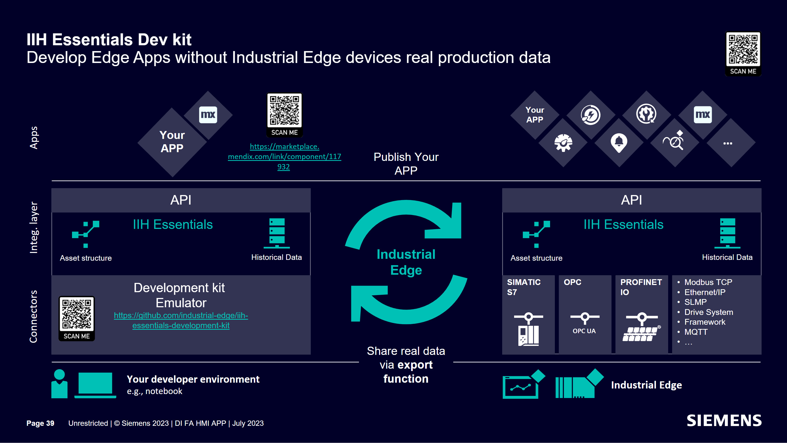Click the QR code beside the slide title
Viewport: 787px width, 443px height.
click(x=743, y=49)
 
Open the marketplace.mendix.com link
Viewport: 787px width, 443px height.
click(x=284, y=156)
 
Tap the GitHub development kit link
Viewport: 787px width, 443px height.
click(x=181, y=320)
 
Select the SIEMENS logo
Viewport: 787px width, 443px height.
click(x=724, y=421)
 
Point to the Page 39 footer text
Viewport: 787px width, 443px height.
click(x=40, y=423)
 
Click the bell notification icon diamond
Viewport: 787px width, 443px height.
click(x=619, y=142)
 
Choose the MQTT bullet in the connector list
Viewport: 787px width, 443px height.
click(x=696, y=332)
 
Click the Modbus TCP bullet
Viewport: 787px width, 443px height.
click(x=708, y=282)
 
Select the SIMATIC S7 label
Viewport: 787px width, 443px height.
click(x=524, y=287)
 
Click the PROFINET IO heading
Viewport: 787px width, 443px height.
click(x=641, y=287)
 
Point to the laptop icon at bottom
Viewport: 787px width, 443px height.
click(x=95, y=384)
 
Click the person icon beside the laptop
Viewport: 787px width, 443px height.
click(x=59, y=384)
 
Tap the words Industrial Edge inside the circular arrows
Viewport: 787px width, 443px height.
click(x=406, y=262)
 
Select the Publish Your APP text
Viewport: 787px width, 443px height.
click(x=406, y=164)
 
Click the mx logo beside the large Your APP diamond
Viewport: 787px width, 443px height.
click(x=208, y=115)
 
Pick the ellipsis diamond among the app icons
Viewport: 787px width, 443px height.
click(x=727, y=143)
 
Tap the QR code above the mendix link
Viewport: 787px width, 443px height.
click(x=284, y=111)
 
